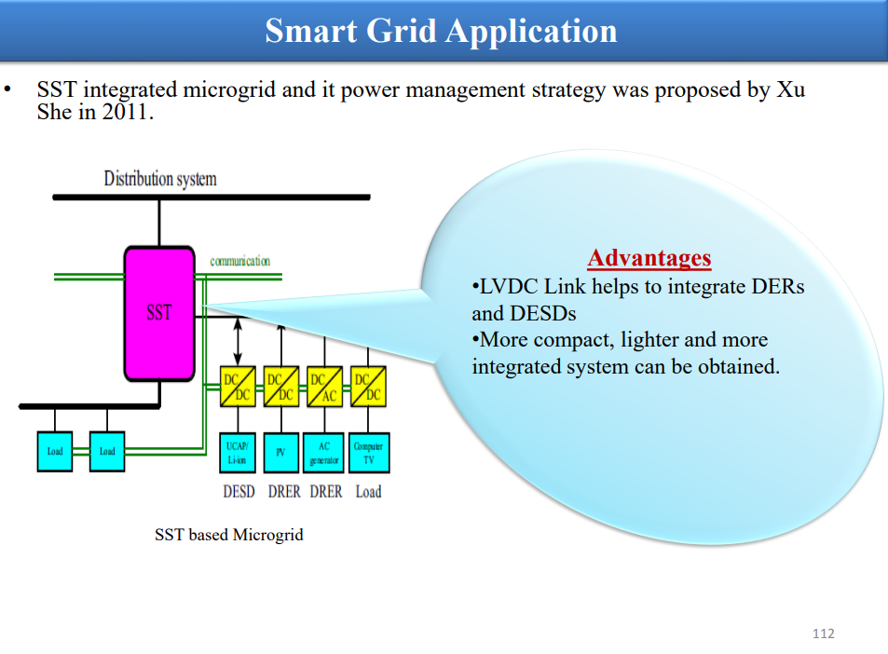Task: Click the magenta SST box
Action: (159, 313)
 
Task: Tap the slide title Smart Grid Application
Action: (441, 31)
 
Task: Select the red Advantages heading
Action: (649, 258)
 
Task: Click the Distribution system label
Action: (160, 178)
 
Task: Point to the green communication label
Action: (240, 261)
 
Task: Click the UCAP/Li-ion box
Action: (238, 453)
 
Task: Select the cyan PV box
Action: (280, 453)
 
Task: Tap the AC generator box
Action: (324, 453)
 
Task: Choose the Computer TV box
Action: (369, 453)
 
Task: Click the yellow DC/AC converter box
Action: (324, 387)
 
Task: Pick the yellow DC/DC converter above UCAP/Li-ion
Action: (238, 387)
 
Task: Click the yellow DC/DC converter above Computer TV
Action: (368, 387)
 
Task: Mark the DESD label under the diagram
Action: (239, 492)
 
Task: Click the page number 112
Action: (824, 634)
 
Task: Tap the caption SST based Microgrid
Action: (229, 535)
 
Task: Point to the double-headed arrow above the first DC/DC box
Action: (238, 341)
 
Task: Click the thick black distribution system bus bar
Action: (212, 198)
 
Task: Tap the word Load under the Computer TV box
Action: (368, 492)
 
